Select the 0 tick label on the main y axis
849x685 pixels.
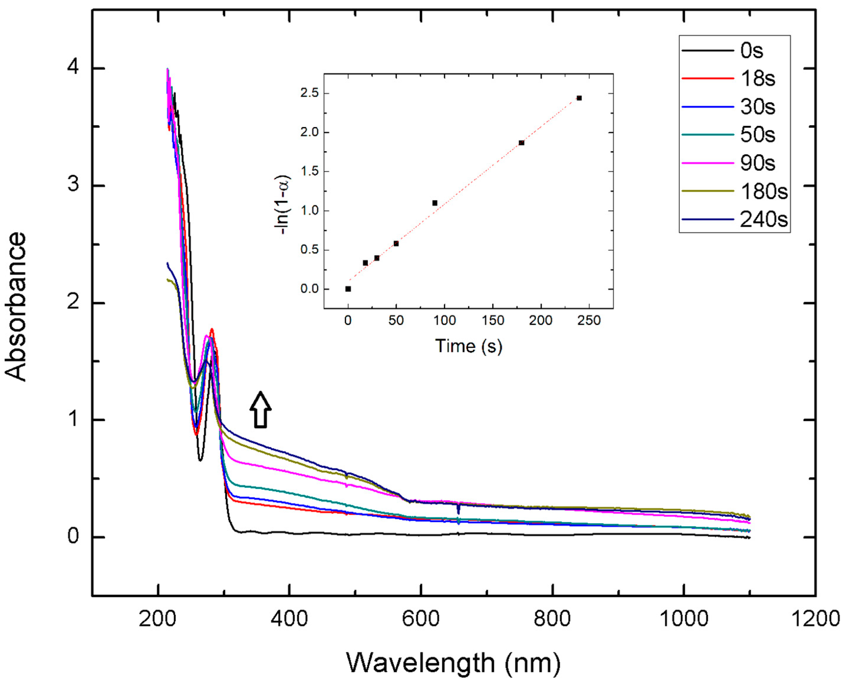(x=73, y=537)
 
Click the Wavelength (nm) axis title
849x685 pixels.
(x=454, y=663)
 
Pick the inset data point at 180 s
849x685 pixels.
(x=521, y=143)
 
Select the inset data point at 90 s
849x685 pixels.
(x=435, y=203)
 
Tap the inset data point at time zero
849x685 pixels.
(x=348, y=289)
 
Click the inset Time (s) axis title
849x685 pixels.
(x=469, y=346)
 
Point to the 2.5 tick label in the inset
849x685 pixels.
(x=309, y=93)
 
